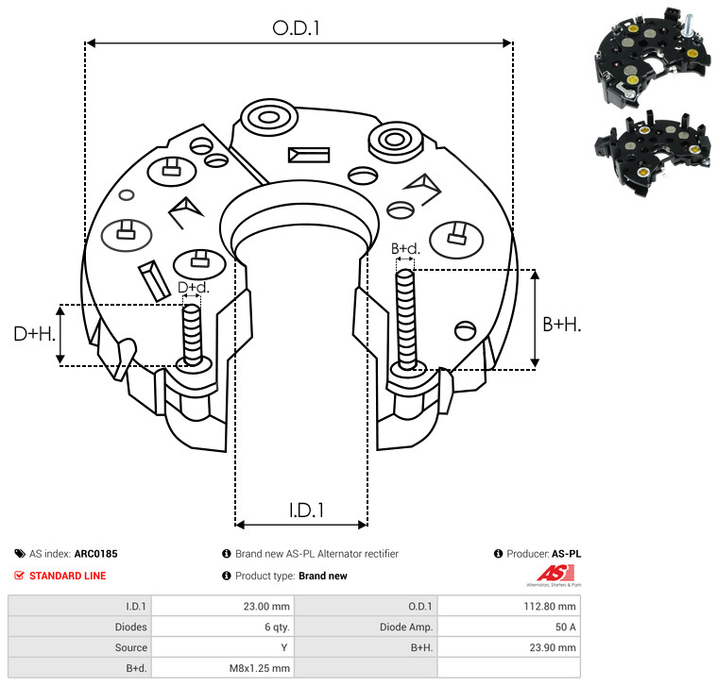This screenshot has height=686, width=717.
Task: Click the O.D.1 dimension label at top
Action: click(296, 28)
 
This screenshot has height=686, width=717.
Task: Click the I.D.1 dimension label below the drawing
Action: click(306, 510)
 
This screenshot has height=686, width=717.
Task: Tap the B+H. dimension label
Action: click(561, 325)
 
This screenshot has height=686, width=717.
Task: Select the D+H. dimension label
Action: click(34, 334)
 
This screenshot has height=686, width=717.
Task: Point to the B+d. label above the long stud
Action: click(405, 248)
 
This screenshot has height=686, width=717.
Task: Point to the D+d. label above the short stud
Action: click(193, 287)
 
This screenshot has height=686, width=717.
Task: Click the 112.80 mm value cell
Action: click(550, 607)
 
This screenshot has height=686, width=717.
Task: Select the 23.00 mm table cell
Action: click(266, 607)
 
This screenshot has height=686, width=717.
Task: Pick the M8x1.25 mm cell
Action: click(259, 668)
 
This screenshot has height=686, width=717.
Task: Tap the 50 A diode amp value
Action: click(565, 627)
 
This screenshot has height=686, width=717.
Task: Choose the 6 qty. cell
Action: click(277, 627)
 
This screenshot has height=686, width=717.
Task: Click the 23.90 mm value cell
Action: click(553, 647)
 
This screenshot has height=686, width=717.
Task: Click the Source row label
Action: click(130, 647)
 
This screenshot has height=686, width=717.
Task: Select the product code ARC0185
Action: click(96, 554)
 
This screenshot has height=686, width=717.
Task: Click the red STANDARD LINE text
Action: click(68, 576)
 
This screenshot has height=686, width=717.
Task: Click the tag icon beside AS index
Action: click(20, 554)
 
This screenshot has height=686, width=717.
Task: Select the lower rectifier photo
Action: click(653, 155)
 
